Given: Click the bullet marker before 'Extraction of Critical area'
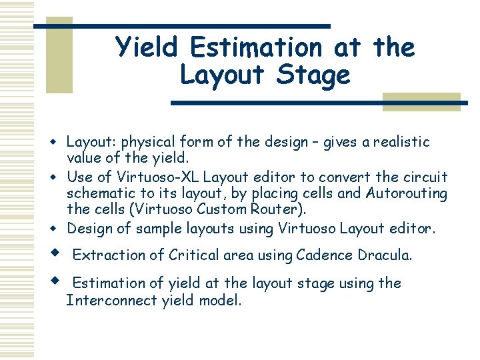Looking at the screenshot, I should coord(58,253).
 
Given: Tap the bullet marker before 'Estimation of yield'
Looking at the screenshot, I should coord(58,281).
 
